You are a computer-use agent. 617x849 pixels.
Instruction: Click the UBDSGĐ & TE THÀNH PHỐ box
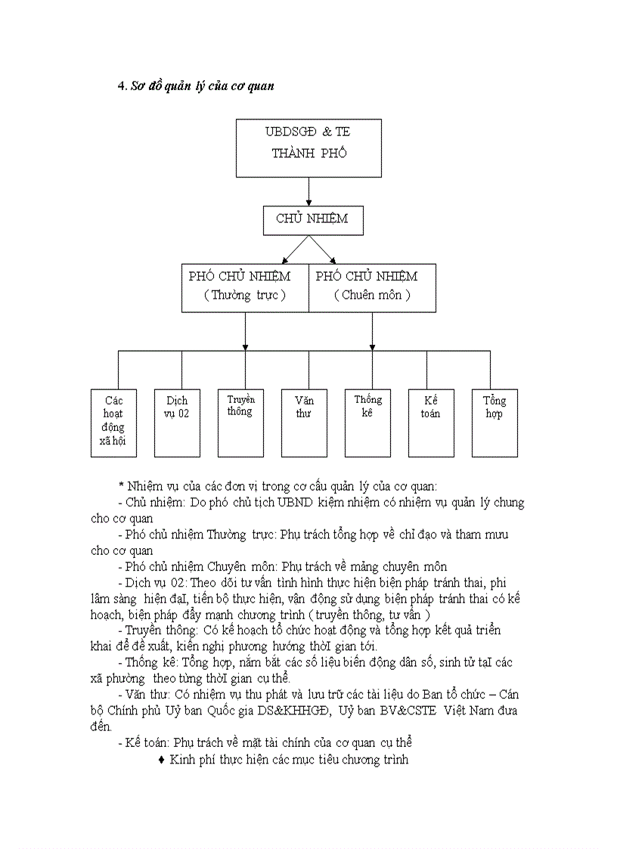308,148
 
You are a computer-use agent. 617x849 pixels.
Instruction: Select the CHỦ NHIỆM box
313,220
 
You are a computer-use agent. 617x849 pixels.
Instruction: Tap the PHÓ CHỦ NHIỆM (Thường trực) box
245,287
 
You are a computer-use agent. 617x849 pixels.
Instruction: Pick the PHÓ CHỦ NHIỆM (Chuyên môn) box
372,287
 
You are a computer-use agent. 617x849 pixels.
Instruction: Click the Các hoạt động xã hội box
113,423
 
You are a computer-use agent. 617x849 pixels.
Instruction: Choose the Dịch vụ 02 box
177,423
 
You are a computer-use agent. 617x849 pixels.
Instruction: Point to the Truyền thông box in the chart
240,423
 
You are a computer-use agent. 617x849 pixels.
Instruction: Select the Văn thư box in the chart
304,423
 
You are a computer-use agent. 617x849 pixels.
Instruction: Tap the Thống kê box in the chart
367,423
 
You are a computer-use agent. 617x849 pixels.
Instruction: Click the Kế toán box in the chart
431,423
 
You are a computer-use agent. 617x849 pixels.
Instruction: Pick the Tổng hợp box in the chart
495,423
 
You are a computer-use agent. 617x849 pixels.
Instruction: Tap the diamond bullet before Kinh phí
162,759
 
